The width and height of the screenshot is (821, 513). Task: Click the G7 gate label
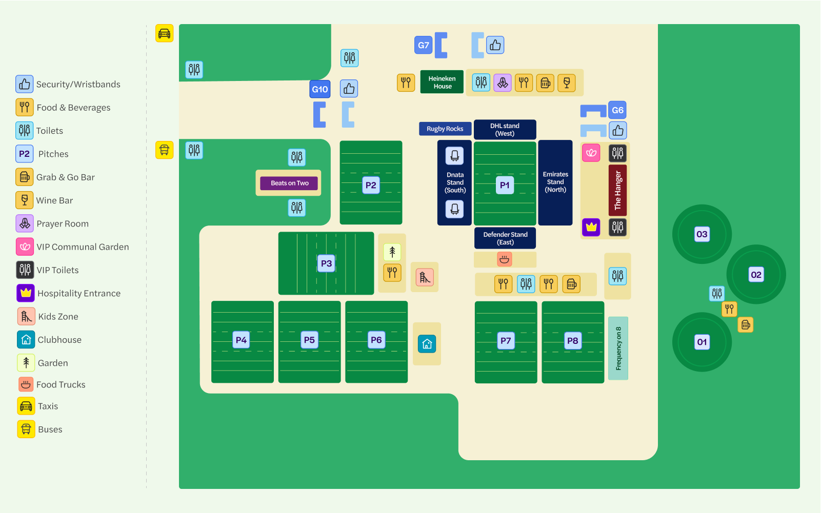tap(424, 45)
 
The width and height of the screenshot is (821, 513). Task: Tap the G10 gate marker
tap(320, 89)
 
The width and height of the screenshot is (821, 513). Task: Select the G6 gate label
tap(617, 110)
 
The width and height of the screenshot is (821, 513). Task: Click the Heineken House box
tap(442, 82)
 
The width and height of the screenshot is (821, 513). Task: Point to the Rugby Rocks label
tap(445, 129)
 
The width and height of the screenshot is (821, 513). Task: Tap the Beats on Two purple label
tap(289, 183)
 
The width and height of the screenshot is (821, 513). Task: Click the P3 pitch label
tap(326, 263)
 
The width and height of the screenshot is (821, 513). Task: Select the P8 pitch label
tap(573, 341)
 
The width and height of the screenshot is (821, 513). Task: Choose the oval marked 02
tap(756, 275)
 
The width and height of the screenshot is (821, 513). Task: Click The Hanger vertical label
tap(618, 191)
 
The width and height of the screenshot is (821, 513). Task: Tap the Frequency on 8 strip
tap(618, 348)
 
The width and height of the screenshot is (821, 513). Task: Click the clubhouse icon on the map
tap(427, 344)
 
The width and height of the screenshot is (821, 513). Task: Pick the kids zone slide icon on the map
tap(425, 277)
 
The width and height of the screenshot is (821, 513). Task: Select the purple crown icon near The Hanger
tap(591, 227)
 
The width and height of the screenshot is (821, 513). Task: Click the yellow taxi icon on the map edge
tap(165, 33)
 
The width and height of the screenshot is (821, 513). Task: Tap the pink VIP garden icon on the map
tap(591, 153)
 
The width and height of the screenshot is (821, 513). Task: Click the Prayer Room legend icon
tap(25, 223)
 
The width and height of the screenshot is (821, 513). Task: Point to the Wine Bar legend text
tap(54, 200)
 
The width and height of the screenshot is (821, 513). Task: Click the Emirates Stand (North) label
tap(555, 182)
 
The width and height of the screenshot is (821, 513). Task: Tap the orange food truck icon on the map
tap(505, 259)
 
